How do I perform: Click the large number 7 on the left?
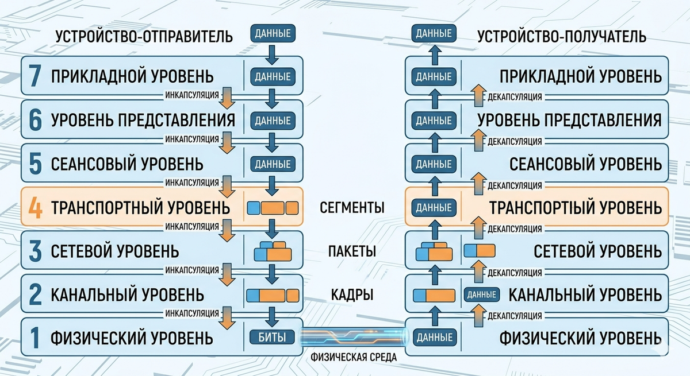pyautogui.click(x=36, y=76)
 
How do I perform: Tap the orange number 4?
pyautogui.click(x=36, y=208)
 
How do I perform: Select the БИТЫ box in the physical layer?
pyautogui.click(x=273, y=337)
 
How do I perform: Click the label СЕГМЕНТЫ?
pyautogui.click(x=352, y=208)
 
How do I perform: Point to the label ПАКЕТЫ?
pyautogui.click(x=352, y=251)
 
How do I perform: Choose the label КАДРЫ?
pyautogui.click(x=352, y=294)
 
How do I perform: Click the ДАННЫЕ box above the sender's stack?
pyautogui.click(x=273, y=33)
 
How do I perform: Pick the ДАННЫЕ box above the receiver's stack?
pyautogui.click(x=434, y=33)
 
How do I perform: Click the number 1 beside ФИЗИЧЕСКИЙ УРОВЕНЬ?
pyautogui.click(x=34, y=338)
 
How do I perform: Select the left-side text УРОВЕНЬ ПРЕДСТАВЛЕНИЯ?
pyautogui.click(x=143, y=121)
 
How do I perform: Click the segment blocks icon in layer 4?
pyautogui.click(x=273, y=208)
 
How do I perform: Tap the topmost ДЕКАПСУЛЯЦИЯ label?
pyautogui.click(x=515, y=97)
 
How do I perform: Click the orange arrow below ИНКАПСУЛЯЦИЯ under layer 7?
pyautogui.click(x=227, y=100)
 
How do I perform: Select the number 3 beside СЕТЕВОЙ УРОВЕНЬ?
pyautogui.click(x=36, y=251)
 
